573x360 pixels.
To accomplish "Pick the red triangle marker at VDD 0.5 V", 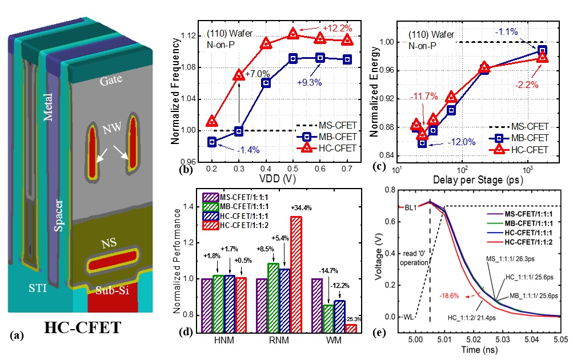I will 293,34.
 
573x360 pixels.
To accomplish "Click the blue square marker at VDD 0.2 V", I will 213,142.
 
